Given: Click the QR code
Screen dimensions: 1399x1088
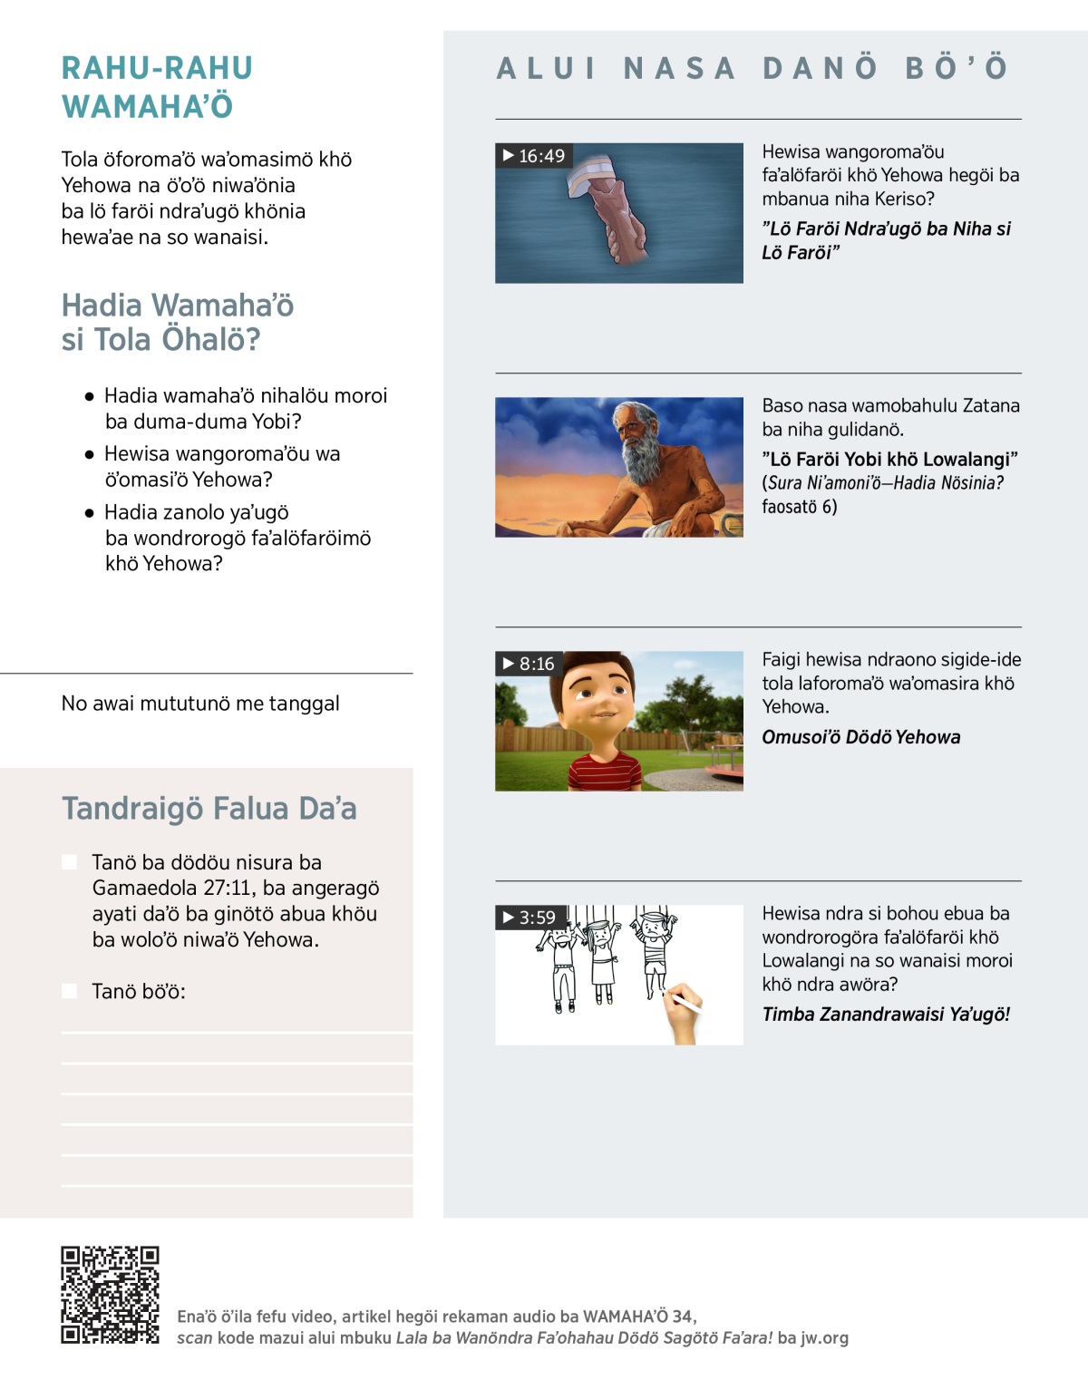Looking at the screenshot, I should [x=110, y=1295].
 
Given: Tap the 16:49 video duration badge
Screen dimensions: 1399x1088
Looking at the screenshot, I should [x=534, y=156].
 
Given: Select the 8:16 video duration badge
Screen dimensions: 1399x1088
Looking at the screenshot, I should [x=529, y=664].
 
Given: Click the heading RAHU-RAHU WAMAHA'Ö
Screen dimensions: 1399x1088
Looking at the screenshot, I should [x=157, y=87].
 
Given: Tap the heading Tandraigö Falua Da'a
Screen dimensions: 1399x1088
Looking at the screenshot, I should [x=209, y=808].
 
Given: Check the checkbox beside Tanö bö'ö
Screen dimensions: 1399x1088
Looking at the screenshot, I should [x=70, y=991].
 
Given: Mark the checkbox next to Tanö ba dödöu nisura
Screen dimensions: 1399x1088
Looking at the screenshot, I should [x=70, y=862].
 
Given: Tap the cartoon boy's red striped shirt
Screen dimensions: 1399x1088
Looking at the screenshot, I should [x=604, y=776].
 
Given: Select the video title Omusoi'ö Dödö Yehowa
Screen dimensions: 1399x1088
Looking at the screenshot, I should [x=860, y=737].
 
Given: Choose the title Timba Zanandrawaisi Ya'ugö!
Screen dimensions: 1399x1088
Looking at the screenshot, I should [x=886, y=1015].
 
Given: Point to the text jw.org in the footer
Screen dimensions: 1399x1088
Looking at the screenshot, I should [x=824, y=1337].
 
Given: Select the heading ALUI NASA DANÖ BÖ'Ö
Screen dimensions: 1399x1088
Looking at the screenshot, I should [x=753, y=68].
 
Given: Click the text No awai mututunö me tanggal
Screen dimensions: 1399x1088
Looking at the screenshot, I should [x=200, y=704].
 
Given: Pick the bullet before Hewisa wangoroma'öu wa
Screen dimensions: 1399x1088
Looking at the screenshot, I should [x=90, y=454].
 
